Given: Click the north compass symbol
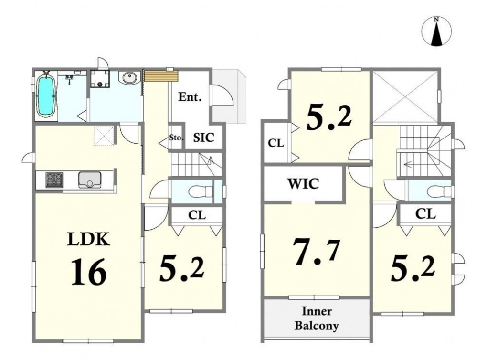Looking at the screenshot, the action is [x=436, y=32].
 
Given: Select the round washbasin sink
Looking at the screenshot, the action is [x=130, y=77].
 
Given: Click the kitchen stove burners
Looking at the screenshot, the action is [x=54, y=180].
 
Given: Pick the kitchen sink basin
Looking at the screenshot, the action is [x=90, y=180].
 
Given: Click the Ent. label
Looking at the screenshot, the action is [x=190, y=97].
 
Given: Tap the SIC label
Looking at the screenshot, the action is [x=204, y=138].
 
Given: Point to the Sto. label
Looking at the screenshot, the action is [x=176, y=138].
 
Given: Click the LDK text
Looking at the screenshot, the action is [x=88, y=240].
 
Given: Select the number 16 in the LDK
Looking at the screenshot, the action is [x=89, y=273].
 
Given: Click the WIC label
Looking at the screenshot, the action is [x=304, y=183].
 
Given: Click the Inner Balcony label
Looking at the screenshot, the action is [x=317, y=318].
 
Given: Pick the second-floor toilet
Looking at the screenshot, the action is [x=439, y=191].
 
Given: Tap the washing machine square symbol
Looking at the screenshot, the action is [x=100, y=79].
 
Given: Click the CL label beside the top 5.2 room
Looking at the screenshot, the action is [x=276, y=143].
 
